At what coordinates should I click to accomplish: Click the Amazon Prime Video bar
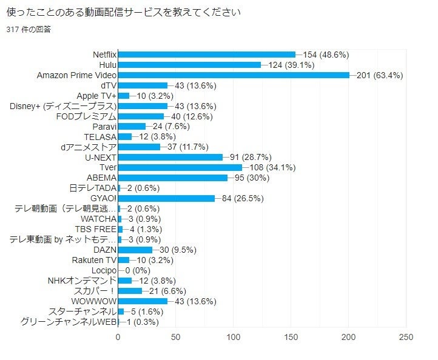pyautogui.click(x=234, y=75)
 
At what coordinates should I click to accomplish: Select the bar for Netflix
pyautogui.click(x=207, y=55)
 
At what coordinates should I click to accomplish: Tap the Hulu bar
pyautogui.click(x=189, y=65)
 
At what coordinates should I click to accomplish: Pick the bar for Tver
pyautogui.click(x=180, y=167)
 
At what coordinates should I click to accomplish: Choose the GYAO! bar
pyautogui.click(x=166, y=198)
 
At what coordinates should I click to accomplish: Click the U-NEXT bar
pyautogui.click(x=170, y=157)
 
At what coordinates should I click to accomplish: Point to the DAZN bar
pyautogui.click(x=135, y=250)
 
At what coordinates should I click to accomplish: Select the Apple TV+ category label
pyautogui.click(x=96, y=96)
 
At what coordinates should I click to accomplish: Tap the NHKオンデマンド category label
pyautogui.click(x=82, y=281)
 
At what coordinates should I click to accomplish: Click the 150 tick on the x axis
pyautogui.click(x=291, y=337)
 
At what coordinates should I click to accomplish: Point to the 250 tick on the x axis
pyautogui.click(x=406, y=337)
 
